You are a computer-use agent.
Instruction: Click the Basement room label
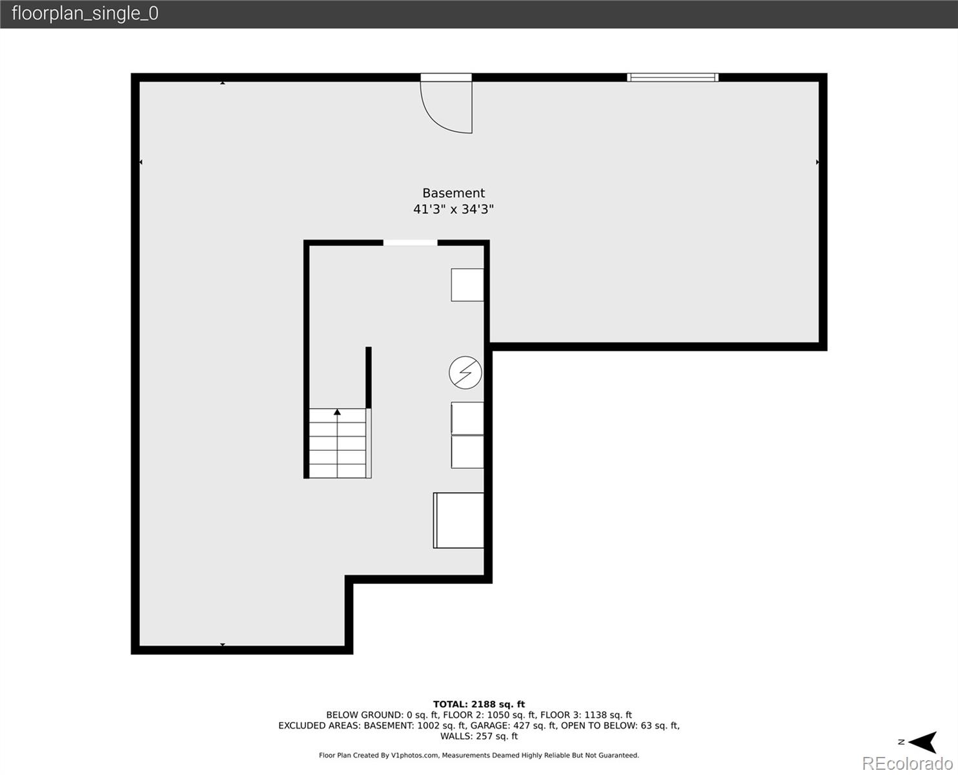point(453,193)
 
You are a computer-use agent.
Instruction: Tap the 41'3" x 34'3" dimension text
point(453,209)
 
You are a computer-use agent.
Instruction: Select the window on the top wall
point(672,77)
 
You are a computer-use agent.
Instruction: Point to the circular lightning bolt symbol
point(465,373)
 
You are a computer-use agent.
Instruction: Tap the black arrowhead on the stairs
point(337,412)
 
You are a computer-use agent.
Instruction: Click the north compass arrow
point(924,741)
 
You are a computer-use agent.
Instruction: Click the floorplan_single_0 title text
point(85,14)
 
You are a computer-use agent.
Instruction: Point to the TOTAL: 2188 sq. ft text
point(478,705)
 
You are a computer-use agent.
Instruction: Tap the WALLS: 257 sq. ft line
point(478,736)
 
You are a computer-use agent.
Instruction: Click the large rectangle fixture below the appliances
point(458,521)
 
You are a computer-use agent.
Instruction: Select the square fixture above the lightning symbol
point(467,285)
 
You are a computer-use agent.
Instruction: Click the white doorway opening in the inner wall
point(410,243)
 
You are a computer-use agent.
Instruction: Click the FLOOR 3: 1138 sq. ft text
point(586,715)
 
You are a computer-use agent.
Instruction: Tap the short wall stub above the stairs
point(369,377)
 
